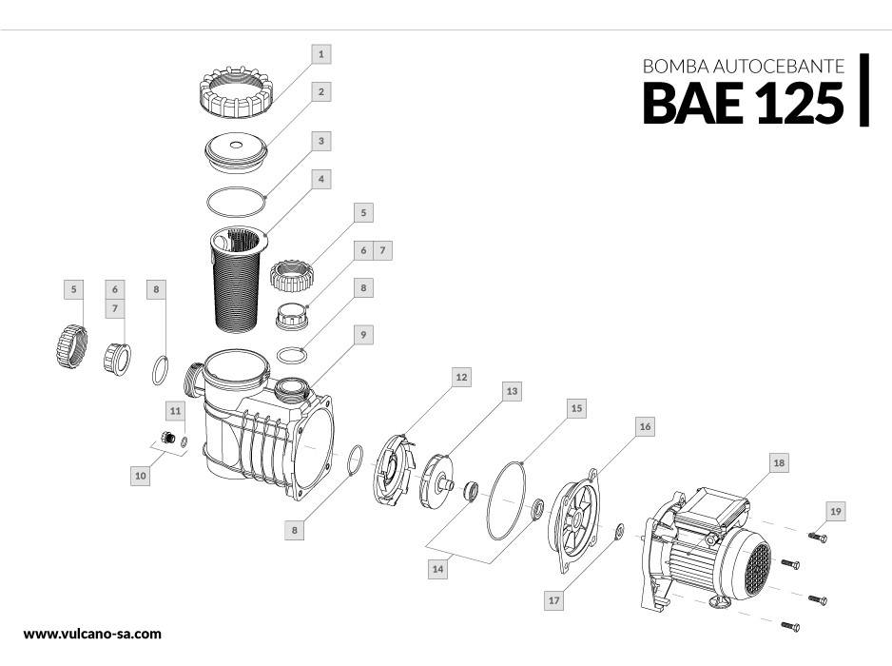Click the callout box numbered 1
click(322, 54)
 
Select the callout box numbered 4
click(322, 178)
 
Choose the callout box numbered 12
click(460, 378)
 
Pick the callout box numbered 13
click(512, 390)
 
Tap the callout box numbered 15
click(573, 407)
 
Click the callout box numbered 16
click(646, 427)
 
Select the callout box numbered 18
click(778, 462)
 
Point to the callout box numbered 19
click(835, 512)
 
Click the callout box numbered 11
click(176, 410)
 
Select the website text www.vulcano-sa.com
click(92, 632)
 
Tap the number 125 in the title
click(799, 102)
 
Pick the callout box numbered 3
click(322, 141)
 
